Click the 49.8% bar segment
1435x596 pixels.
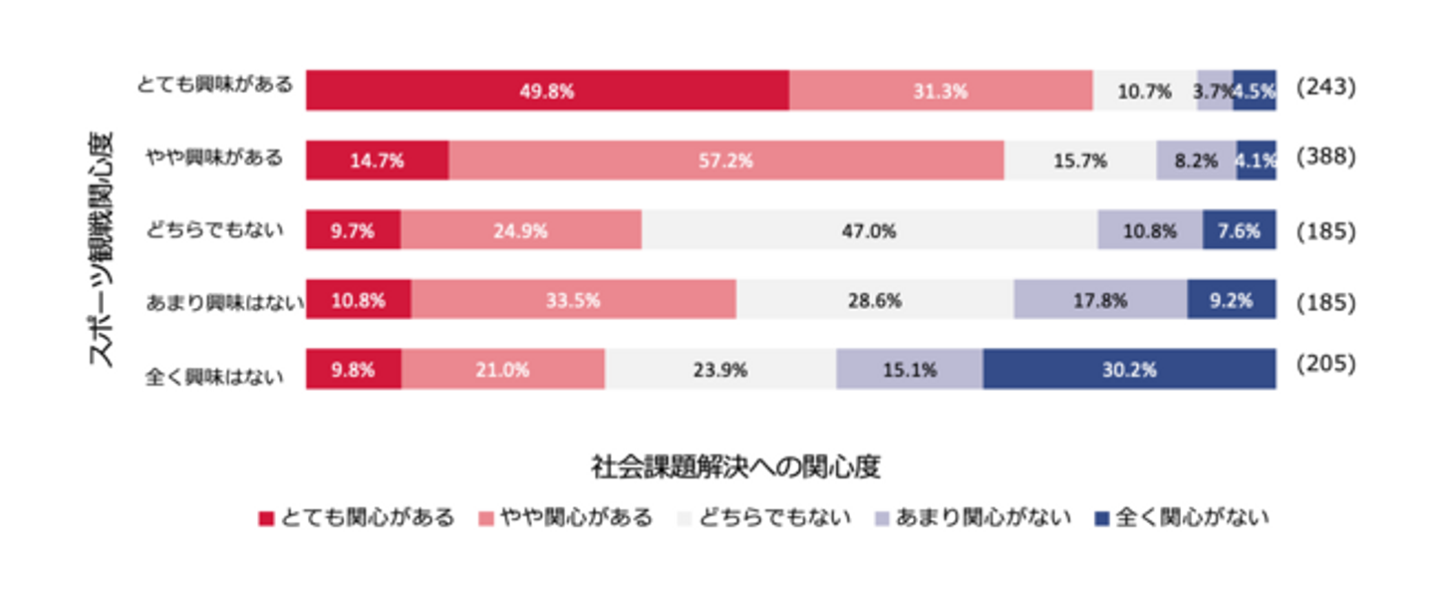coord(547,91)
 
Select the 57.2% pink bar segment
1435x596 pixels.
coord(725,160)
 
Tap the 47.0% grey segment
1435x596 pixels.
coord(869,230)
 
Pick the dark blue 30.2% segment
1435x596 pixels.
coord(1129,370)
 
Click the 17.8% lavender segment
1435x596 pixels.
coord(1100,300)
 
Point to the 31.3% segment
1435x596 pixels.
coord(941,91)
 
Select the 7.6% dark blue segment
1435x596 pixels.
coord(1239,230)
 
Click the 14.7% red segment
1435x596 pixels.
coord(377,160)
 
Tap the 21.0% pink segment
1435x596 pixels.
coord(502,370)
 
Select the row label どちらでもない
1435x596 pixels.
coord(227,230)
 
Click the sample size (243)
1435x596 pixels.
coord(1325,88)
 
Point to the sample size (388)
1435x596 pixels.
coord(1325,157)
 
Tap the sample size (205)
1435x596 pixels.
coord(1325,365)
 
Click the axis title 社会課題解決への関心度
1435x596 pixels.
coord(736,465)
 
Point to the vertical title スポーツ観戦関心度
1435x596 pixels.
coord(102,248)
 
